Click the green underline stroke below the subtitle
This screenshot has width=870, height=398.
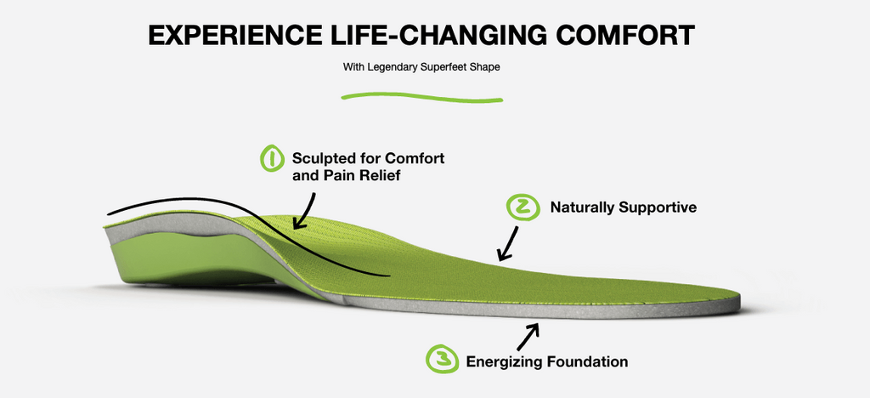pyautogui.click(x=421, y=99)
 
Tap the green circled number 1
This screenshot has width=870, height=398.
pyautogui.click(x=273, y=159)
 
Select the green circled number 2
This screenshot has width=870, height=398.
pyautogui.click(x=523, y=208)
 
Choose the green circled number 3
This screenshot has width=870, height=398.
pyautogui.click(x=442, y=359)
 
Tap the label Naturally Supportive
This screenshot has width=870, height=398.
pyautogui.click(x=623, y=208)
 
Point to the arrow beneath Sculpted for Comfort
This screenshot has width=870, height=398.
pyautogui.click(x=305, y=212)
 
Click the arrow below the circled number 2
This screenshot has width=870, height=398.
pyautogui.click(x=508, y=244)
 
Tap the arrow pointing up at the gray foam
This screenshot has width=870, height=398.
pyautogui.click(x=528, y=335)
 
